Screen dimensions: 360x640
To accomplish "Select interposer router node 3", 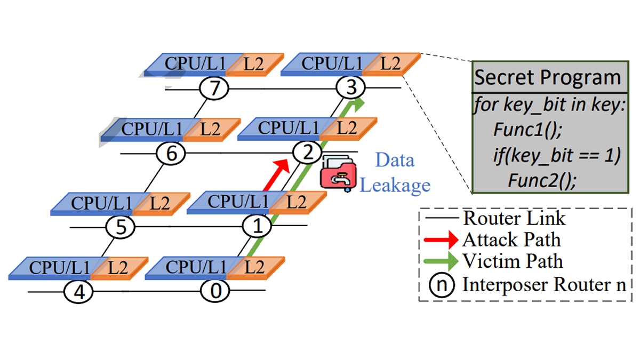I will (x=350, y=87).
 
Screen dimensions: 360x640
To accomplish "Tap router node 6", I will (x=171, y=154).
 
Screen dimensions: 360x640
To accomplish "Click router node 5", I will (x=121, y=227).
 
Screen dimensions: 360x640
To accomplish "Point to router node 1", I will (x=258, y=227).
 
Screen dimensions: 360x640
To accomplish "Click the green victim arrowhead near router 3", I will (x=358, y=104).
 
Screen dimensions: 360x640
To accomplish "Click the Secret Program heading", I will (x=548, y=78).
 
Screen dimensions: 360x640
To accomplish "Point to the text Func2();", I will (x=541, y=180).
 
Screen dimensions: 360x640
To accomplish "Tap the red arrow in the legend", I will (x=441, y=239).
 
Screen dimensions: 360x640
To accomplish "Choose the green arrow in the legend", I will (x=441, y=261).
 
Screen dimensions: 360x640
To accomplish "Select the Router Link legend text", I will (x=514, y=218).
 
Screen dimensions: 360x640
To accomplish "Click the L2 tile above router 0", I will (x=255, y=267).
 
